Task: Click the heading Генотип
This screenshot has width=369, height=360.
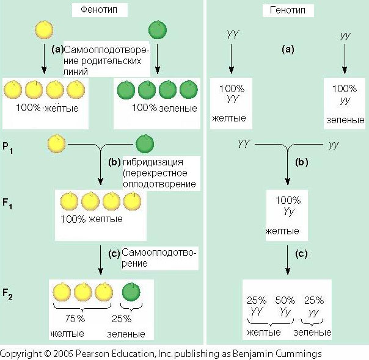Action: coord(287,10)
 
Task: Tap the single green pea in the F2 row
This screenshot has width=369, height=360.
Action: coord(131,292)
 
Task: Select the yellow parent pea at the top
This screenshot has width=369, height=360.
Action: coord(43,30)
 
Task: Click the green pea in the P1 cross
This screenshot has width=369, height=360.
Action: coord(145,144)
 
